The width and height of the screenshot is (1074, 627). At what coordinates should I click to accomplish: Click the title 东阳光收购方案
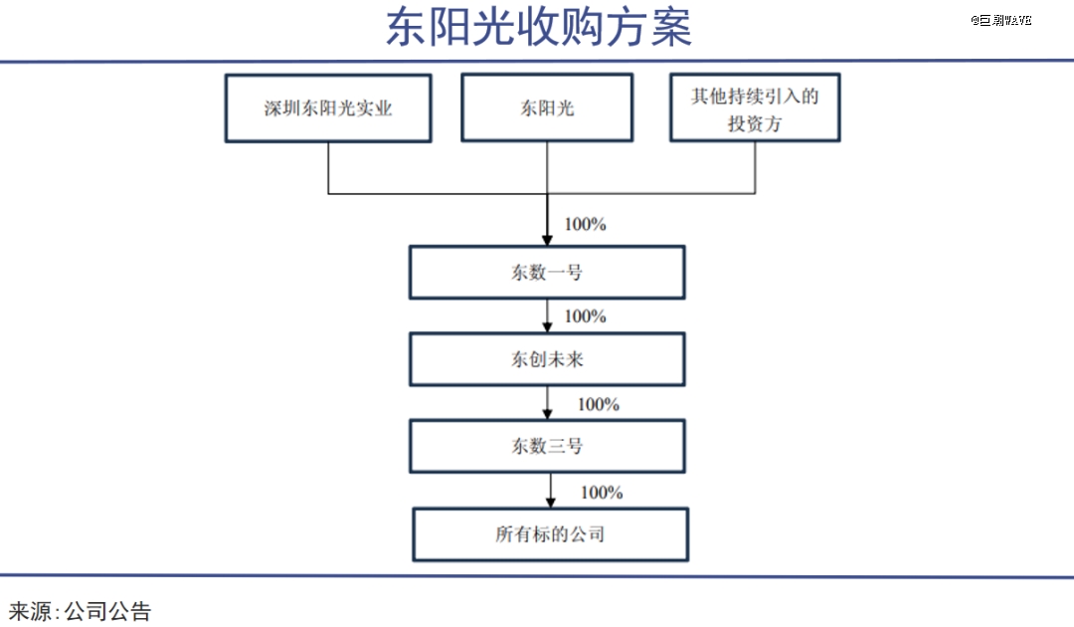(x=538, y=28)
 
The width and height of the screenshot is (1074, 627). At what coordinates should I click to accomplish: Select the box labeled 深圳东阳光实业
(x=328, y=108)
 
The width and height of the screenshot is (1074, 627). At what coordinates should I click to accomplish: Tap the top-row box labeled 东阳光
(x=547, y=107)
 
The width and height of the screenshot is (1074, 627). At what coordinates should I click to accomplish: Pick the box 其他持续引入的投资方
(x=755, y=107)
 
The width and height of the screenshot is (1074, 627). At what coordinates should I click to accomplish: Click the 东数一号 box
(x=547, y=272)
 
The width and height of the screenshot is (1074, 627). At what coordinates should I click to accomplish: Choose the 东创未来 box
(x=547, y=359)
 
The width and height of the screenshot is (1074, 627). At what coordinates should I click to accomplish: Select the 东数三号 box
(x=547, y=446)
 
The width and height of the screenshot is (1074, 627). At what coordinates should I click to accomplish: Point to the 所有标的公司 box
(x=551, y=534)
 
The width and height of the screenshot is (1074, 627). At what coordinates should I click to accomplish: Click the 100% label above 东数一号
(x=585, y=224)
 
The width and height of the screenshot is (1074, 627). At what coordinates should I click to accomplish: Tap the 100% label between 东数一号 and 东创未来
(x=585, y=315)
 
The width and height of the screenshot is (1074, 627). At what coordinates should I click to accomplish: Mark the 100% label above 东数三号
(x=598, y=404)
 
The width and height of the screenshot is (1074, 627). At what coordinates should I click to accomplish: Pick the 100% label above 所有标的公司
(x=602, y=492)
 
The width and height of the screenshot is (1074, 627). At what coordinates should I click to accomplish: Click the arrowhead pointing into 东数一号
(x=547, y=240)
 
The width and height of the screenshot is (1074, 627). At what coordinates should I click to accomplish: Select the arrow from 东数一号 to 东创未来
(x=547, y=315)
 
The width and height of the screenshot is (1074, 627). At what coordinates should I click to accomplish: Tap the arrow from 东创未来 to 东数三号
(x=547, y=403)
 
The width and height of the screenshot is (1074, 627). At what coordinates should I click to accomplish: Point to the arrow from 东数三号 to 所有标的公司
(x=551, y=491)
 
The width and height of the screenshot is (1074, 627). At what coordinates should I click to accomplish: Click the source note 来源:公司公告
(x=80, y=611)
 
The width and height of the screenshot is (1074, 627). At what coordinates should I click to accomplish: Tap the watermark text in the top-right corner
(x=1000, y=20)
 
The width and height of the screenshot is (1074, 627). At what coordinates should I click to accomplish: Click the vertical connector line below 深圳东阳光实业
(x=328, y=168)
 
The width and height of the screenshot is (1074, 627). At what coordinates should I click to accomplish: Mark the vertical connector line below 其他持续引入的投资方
(x=755, y=168)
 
